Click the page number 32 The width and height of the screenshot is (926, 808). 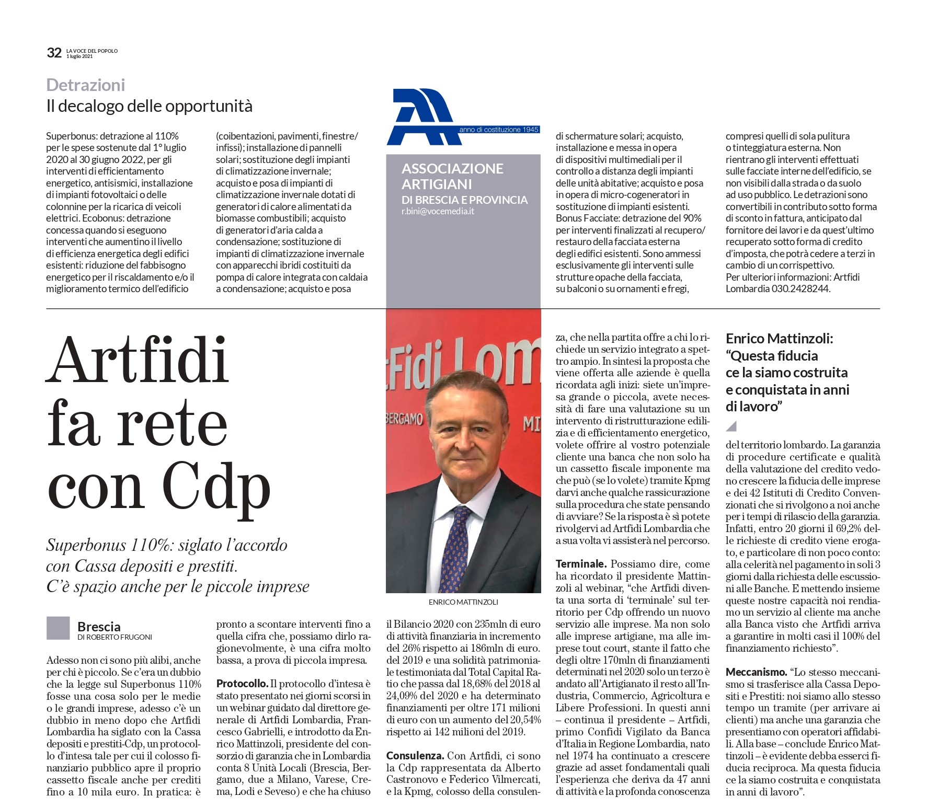click(x=54, y=53)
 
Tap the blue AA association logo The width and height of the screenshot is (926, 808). click(x=420, y=117)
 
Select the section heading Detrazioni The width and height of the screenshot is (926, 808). click(x=86, y=85)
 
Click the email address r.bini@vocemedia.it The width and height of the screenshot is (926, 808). click(x=438, y=212)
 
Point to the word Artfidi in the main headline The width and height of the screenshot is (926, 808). click(x=138, y=361)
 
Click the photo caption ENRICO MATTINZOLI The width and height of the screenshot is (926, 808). click(x=463, y=602)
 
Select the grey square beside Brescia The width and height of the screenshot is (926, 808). click(x=58, y=628)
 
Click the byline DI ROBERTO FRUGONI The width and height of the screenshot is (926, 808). click(x=115, y=637)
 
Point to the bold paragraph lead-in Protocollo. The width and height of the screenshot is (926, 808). click(x=242, y=684)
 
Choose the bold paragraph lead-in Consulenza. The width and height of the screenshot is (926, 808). click(x=415, y=755)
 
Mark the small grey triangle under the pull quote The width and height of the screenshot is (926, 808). click(x=731, y=426)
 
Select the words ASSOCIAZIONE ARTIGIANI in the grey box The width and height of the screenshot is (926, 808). click(x=452, y=176)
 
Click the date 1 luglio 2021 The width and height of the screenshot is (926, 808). click(x=79, y=56)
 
